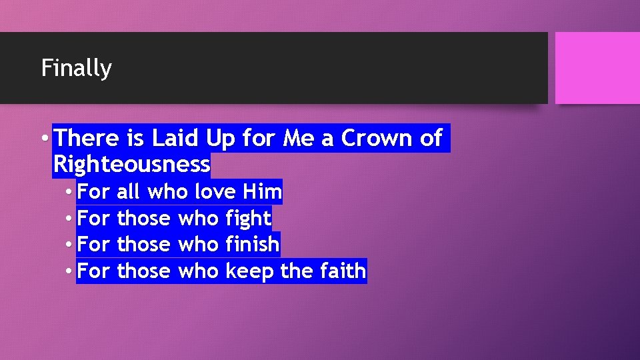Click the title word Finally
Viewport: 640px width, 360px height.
click(76, 68)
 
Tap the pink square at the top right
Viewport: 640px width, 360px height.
click(597, 68)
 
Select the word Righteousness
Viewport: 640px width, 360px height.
click(131, 163)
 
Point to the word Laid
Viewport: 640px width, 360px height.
click(175, 138)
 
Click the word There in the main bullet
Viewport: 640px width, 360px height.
click(86, 138)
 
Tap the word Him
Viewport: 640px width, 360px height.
click(262, 192)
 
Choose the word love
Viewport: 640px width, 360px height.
click(215, 192)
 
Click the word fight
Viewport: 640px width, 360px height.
click(249, 218)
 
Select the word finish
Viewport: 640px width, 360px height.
click(253, 245)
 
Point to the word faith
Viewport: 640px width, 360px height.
click(342, 271)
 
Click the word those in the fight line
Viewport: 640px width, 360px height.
click(143, 218)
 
